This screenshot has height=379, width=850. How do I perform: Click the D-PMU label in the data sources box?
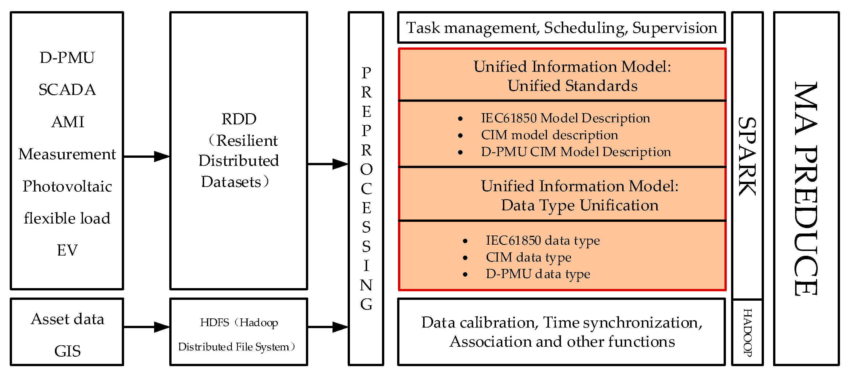67,58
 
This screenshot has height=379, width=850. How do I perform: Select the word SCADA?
67,90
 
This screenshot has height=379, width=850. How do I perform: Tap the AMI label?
68,122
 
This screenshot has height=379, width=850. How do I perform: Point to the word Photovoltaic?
67,186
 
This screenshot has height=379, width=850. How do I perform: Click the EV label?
67,250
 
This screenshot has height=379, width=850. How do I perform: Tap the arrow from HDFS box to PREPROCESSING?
327,327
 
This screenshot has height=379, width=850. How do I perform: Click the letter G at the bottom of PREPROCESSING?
366,304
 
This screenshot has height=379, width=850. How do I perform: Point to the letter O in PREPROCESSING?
366,169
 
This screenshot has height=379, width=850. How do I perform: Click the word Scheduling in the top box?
585,28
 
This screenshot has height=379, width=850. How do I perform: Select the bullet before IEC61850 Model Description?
460,119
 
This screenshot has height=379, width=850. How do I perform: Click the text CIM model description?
550,135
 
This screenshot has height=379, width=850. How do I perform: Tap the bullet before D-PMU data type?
465,274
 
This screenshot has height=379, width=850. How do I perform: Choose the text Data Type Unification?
580,205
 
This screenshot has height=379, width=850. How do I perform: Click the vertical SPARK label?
747,156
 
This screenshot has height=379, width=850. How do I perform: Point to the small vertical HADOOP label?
747,332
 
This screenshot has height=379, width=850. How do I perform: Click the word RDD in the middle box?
238,119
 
